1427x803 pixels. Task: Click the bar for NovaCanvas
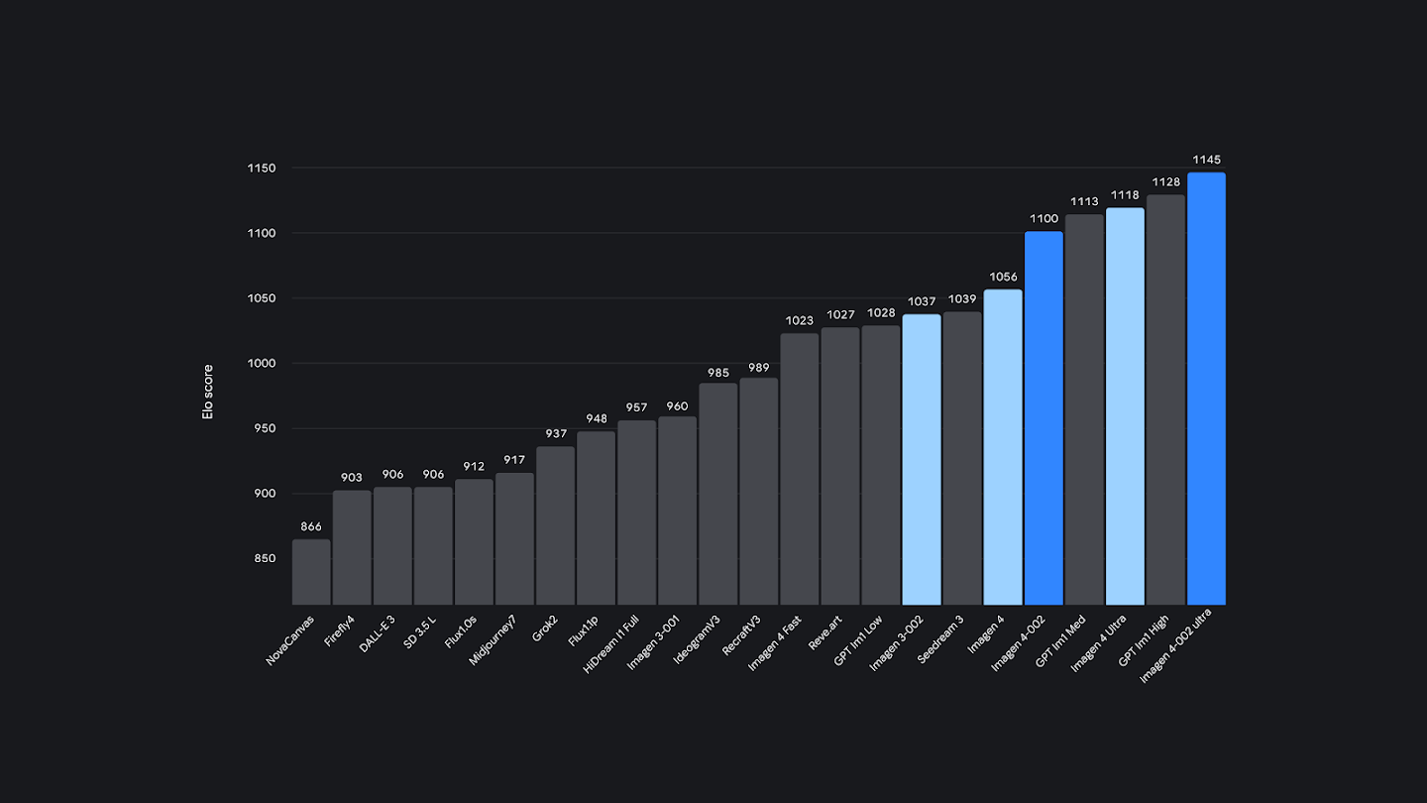click(311, 572)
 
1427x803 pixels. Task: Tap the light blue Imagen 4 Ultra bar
click(1125, 406)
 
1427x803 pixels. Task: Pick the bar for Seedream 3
click(962, 458)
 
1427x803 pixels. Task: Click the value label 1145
click(1206, 160)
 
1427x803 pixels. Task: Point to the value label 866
click(311, 526)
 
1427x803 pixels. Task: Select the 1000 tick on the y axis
click(262, 364)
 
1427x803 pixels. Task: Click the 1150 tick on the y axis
click(262, 169)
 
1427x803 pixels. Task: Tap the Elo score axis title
click(208, 392)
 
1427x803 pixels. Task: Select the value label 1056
click(1003, 277)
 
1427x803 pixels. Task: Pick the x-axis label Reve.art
click(826, 631)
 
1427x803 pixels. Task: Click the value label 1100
click(1043, 219)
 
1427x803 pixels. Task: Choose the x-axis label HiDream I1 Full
click(611, 644)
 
